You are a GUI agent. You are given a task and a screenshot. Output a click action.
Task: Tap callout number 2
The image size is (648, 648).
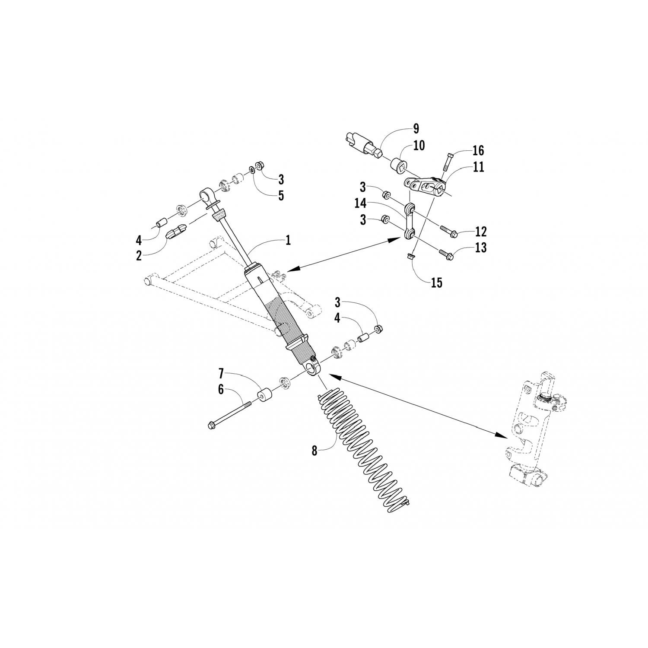139,255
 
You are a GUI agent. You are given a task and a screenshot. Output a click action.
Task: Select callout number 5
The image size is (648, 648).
281,195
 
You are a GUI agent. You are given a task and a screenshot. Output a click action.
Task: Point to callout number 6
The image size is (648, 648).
221,389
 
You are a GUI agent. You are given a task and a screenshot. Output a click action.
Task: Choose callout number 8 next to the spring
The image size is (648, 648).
314,451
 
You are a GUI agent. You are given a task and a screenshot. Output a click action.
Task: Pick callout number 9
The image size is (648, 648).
416,128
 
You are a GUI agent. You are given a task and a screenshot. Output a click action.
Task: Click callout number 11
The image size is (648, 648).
478,167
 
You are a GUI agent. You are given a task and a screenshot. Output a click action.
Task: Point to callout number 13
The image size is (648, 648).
481,248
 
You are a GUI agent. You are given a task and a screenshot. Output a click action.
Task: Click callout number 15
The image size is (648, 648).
436,283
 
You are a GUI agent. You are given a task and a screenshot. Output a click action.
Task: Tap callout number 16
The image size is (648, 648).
478,150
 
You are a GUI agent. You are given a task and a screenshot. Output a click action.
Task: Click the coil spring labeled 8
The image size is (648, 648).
365,454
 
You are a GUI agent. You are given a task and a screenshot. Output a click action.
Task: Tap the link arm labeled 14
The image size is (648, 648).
409,220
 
